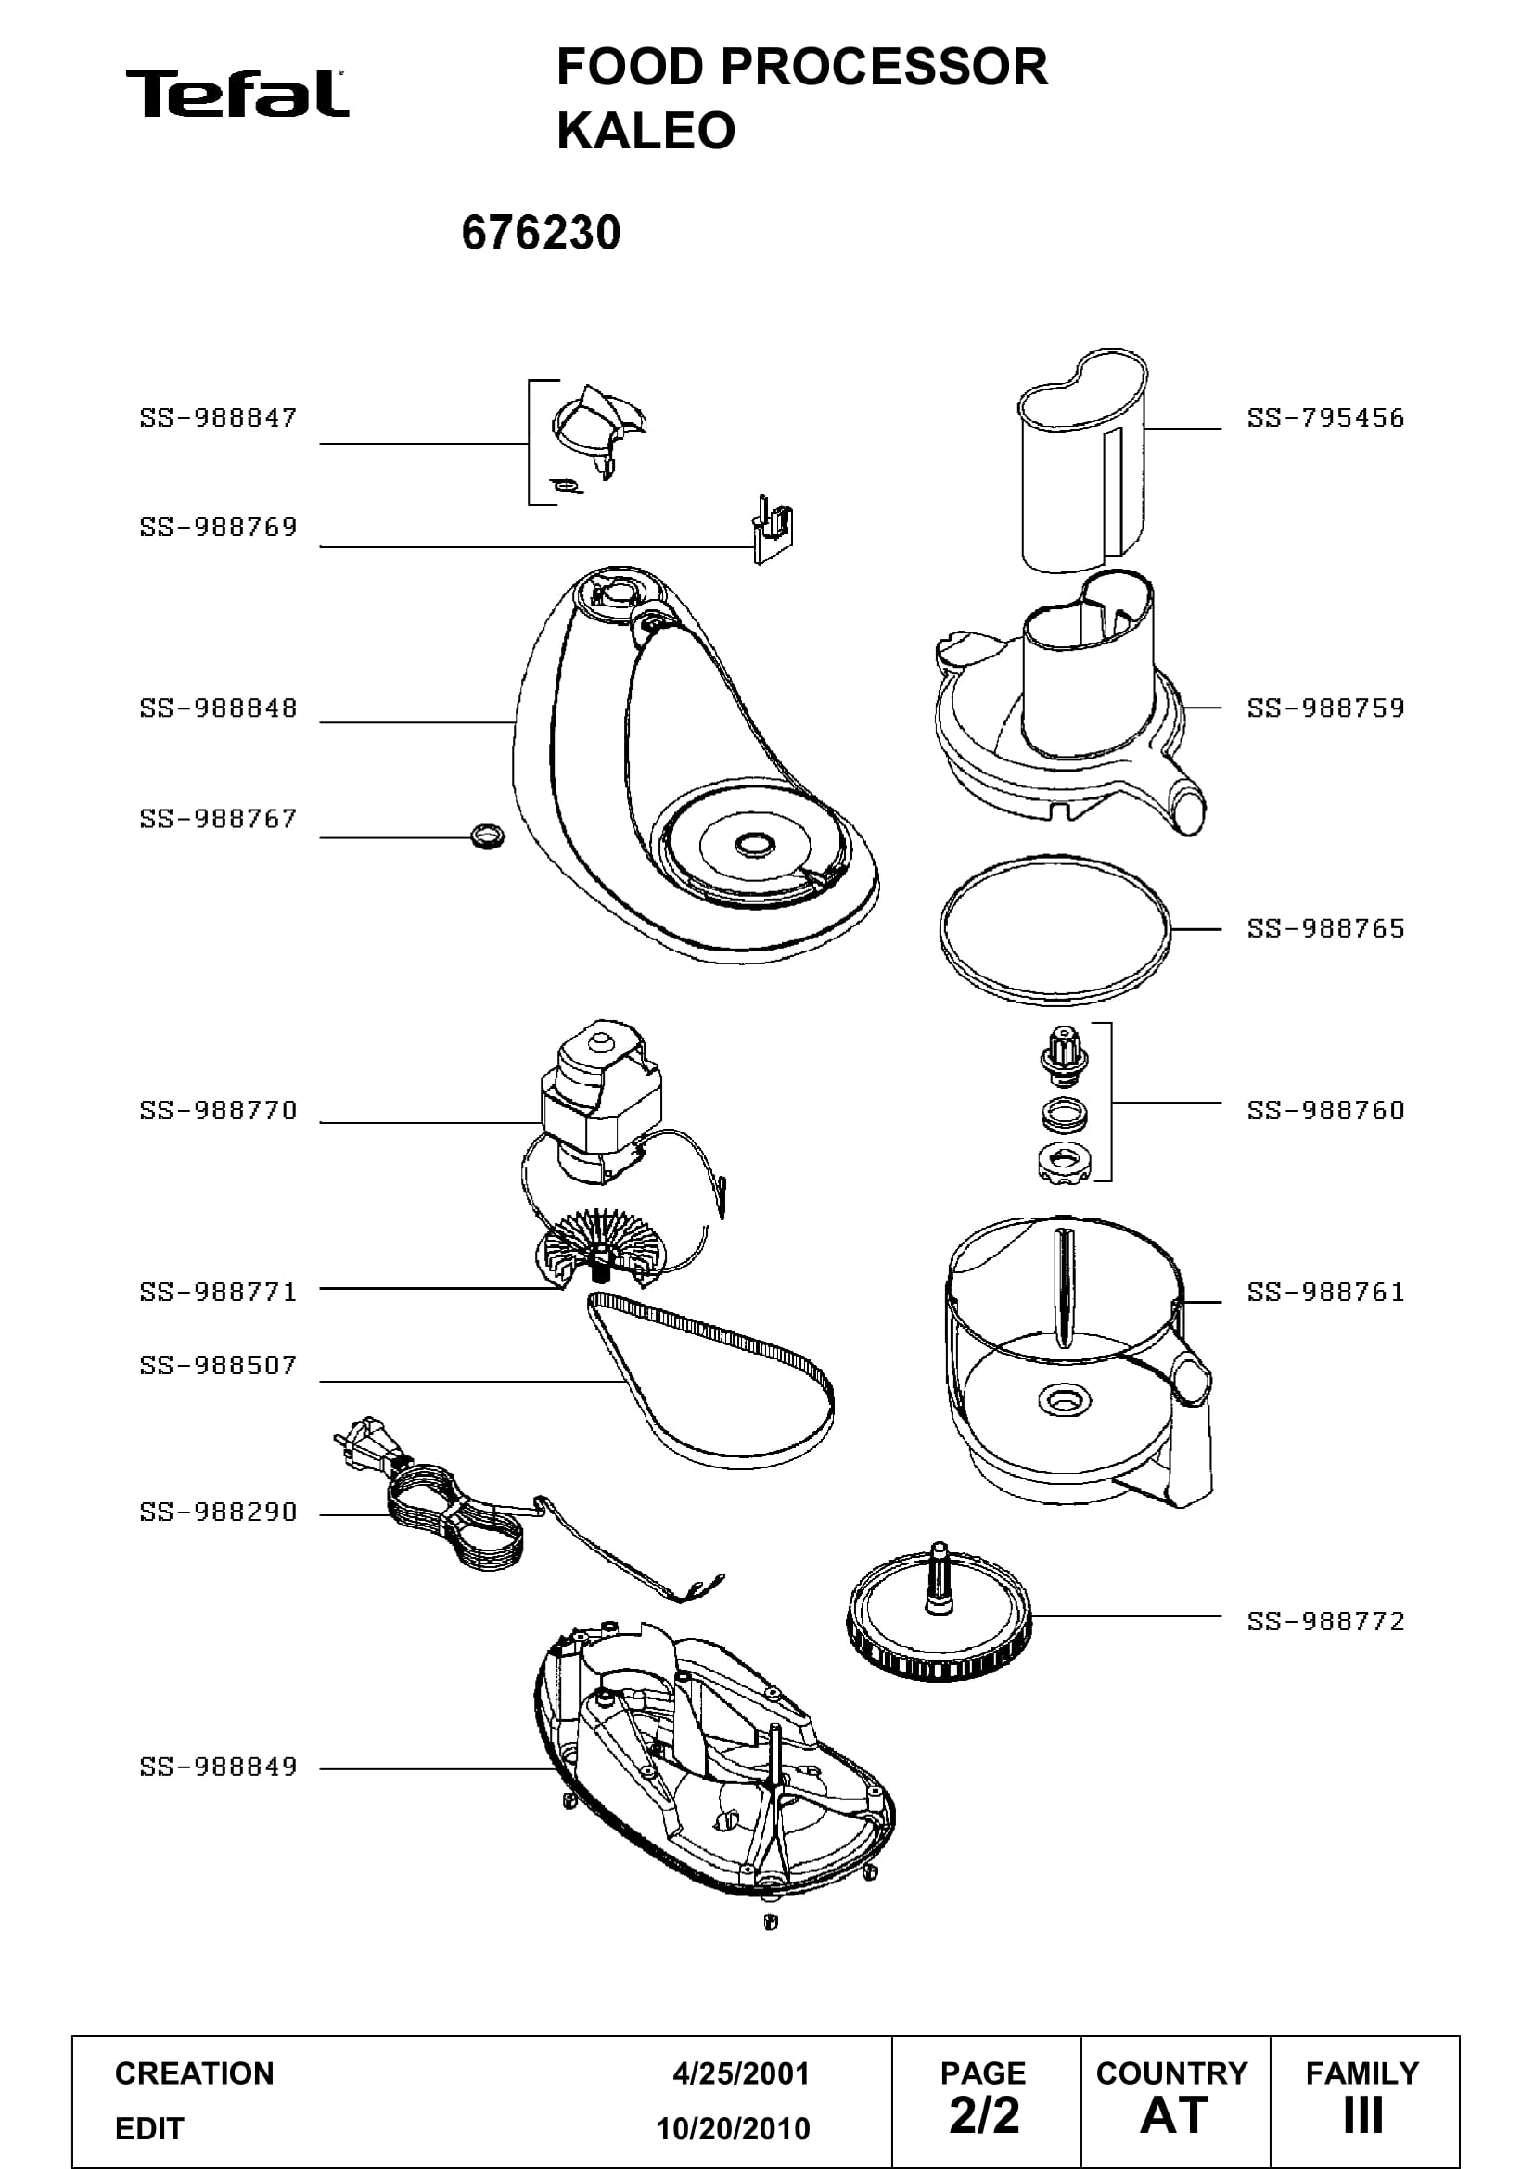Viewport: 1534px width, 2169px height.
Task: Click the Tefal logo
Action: pyautogui.click(x=237, y=94)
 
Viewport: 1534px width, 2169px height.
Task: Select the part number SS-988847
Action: pyautogui.click(x=218, y=417)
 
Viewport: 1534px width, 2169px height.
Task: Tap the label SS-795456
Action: pyautogui.click(x=1325, y=417)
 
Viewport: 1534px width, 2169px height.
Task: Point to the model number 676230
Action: pyautogui.click(x=542, y=233)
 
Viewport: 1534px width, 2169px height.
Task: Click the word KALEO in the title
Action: pyautogui.click(x=646, y=131)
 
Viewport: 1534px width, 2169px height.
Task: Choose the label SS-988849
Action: pyautogui.click(x=218, y=1767)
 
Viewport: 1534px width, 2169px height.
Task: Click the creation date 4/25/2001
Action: pyautogui.click(x=740, y=2073)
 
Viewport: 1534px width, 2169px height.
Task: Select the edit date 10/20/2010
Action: pyautogui.click(x=733, y=2128)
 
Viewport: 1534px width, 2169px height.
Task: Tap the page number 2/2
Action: pyautogui.click(x=984, y=2115)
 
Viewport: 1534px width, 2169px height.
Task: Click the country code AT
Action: pyautogui.click(x=1174, y=2115)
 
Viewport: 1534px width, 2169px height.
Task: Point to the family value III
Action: pyautogui.click(x=1363, y=2115)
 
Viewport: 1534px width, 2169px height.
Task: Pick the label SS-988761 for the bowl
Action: pyautogui.click(x=1325, y=1293)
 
